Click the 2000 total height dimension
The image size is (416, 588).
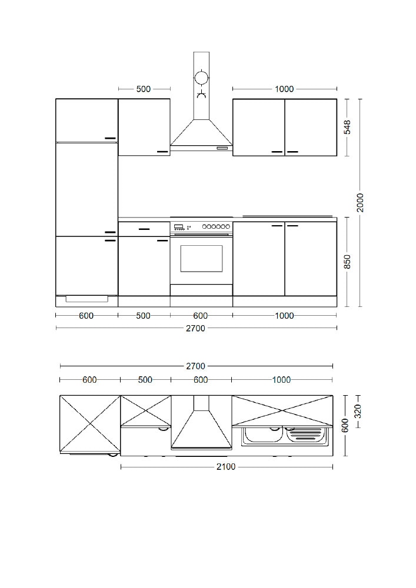[360, 202]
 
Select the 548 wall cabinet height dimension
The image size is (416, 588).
[348, 127]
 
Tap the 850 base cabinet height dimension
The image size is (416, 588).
[347, 262]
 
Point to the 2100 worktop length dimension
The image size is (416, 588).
[226, 466]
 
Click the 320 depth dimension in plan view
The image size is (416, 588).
[358, 412]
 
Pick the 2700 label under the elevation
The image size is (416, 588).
[196, 328]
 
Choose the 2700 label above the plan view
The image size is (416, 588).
[196, 366]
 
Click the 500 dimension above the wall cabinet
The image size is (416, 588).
[144, 89]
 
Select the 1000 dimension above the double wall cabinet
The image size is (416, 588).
[284, 89]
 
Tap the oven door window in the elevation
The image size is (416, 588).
[201, 258]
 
